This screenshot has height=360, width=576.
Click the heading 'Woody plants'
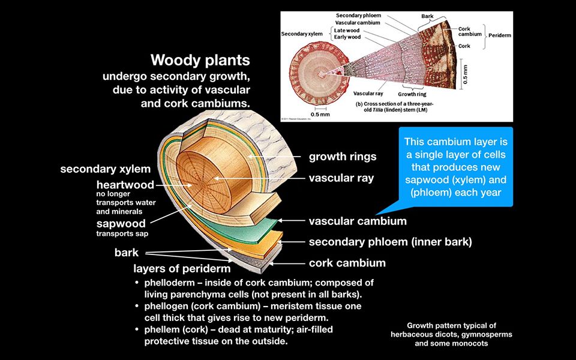(x=200, y=61)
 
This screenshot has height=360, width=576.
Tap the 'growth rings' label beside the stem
(x=343, y=157)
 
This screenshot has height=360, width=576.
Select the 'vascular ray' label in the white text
(x=341, y=178)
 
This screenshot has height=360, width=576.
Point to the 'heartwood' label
(x=125, y=185)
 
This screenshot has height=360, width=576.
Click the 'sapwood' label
(x=121, y=224)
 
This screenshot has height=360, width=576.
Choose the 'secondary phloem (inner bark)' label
(x=390, y=242)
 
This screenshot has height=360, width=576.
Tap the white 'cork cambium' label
(x=347, y=263)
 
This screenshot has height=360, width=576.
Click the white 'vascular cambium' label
(x=358, y=221)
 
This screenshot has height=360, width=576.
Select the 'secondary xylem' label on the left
(x=105, y=169)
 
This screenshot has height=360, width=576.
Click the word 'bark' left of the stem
(x=127, y=253)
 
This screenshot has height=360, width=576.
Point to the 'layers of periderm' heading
(x=182, y=269)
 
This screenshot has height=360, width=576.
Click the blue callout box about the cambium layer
(x=455, y=167)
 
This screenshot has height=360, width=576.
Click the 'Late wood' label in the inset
(x=347, y=30)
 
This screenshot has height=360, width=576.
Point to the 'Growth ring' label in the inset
(x=412, y=95)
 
